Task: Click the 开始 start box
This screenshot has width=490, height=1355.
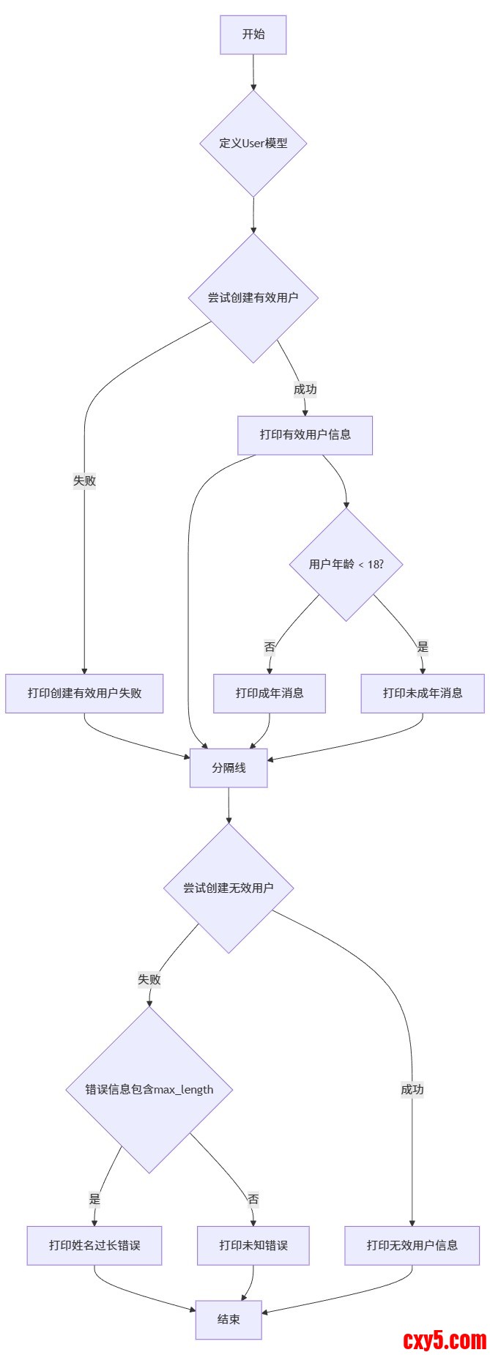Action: tap(253, 34)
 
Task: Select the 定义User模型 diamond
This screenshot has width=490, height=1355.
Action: tap(253, 144)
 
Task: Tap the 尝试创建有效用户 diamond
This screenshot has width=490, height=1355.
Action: tap(253, 297)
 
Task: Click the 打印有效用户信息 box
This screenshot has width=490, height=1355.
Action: tap(305, 435)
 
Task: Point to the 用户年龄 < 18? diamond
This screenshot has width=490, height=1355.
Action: tap(346, 565)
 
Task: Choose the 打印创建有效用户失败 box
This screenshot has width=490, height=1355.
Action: tap(84, 693)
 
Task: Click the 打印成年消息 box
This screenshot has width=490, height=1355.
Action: tap(269, 693)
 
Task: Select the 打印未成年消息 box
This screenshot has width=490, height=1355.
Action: tap(422, 693)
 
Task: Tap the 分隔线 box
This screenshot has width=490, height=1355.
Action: tap(229, 768)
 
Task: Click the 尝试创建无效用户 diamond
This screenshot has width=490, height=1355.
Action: tap(229, 888)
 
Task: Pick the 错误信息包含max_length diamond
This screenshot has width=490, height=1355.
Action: tap(149, 1090)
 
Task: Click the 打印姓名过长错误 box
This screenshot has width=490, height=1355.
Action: tap(94, 1245)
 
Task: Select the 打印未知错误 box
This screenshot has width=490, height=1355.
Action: tap(253, 1245)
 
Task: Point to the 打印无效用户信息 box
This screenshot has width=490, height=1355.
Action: tap(412, 1245)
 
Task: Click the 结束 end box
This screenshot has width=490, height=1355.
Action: tap(229, 1319)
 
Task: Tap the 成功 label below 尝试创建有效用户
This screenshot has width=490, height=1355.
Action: tap(305, 390)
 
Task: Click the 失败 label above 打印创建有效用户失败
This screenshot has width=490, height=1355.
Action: tap(84, 481)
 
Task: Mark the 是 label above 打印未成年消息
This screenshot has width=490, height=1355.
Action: tap(423, 647)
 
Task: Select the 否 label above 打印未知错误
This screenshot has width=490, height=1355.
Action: tap(253, 1200)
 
